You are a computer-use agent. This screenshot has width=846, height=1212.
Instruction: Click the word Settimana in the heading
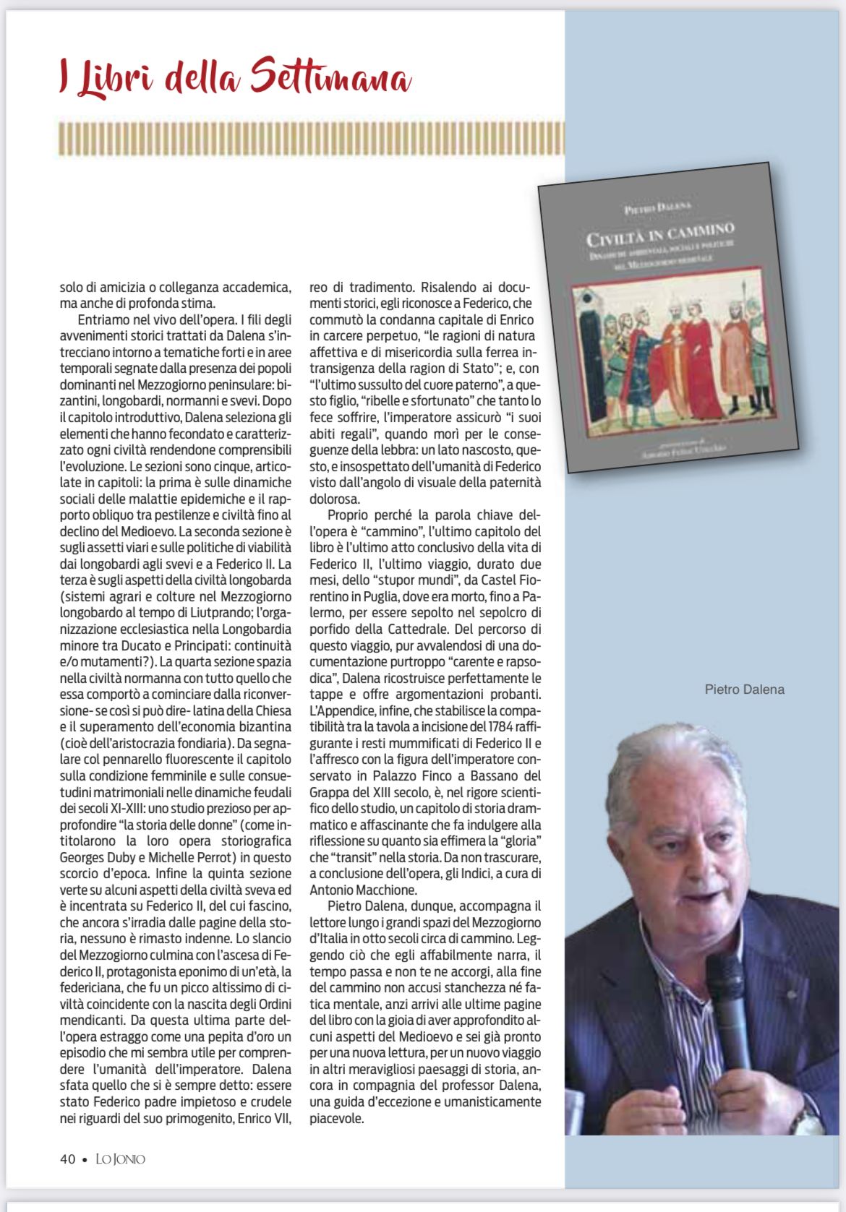(331, 77)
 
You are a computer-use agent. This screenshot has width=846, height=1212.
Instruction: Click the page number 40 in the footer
(67, 1159)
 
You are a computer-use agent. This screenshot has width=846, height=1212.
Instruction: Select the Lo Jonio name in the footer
(121, 1159)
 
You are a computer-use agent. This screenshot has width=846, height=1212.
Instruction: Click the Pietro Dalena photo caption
(744, 689)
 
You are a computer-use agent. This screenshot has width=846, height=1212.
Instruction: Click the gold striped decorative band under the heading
(311, 139)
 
